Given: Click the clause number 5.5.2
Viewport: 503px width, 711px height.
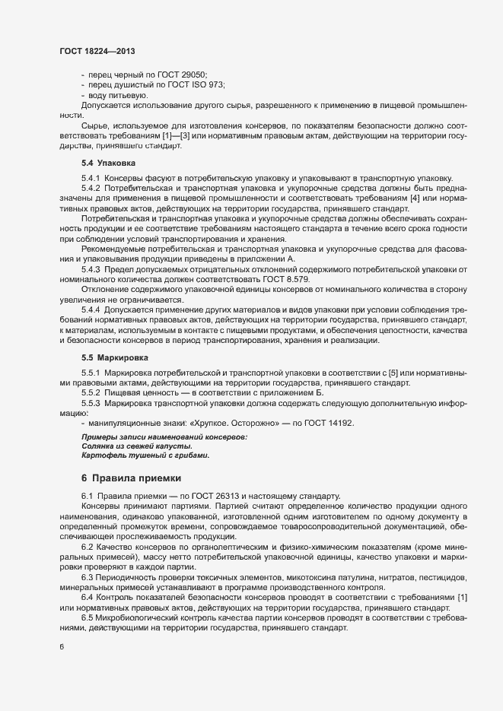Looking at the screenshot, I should click(x=91, y=393).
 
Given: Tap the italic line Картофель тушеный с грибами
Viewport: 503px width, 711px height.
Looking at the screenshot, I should click(x=133, y=455).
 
